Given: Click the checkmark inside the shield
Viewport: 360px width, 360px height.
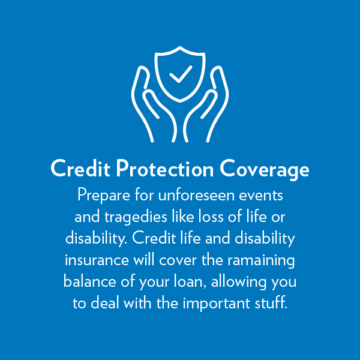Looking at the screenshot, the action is click(181, 74).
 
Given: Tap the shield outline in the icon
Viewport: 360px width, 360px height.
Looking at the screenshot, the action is click(156, 76).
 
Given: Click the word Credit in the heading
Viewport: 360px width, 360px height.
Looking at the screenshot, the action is click(80, 168).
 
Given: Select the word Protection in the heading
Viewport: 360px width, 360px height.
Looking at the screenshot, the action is click(165, 168).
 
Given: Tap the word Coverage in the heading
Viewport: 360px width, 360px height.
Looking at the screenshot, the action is click(264, 169).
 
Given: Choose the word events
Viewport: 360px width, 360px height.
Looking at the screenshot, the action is click(261, 196).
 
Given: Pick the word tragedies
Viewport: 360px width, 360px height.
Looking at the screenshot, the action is click(136, 217).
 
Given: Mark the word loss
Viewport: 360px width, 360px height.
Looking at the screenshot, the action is click(211, 217).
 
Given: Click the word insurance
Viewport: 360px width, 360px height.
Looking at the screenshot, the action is click(97, 260).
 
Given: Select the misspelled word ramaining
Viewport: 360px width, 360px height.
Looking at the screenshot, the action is click(261, 261).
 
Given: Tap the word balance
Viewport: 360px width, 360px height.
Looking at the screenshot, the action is click(90, 281).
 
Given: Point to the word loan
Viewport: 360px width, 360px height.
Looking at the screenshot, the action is click(190, 281).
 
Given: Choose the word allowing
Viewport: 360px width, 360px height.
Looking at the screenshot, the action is click(239, 282).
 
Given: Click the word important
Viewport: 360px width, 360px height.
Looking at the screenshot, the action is click(216, 304).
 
